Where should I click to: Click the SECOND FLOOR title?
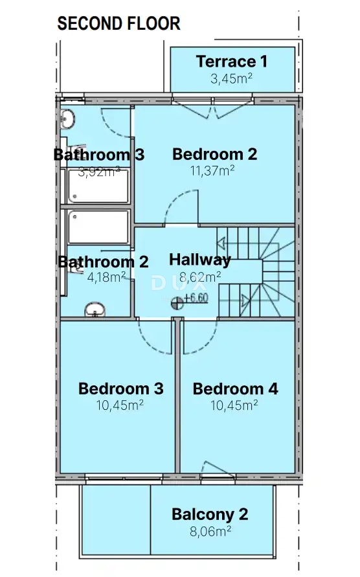click(x=118, y=24)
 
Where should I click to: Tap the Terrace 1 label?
click(x=231, y=62)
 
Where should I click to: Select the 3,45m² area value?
click(x=231, y=80)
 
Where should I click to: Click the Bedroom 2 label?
click(x=215, y=154)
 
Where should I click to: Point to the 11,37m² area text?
click(x=212, y=172)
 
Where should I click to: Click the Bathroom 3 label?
click(x=98, y=155)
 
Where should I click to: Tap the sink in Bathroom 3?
click(x=68, y=119)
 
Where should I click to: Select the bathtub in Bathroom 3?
click(x=98, y=186)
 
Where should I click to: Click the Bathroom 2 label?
click(x=103, y=262)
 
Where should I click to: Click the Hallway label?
click(x=199, y=260)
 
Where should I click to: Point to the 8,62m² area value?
click(x=199, y=277)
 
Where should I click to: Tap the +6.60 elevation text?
click(x=196, y=299)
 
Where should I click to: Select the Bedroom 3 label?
click(x=120, y=389)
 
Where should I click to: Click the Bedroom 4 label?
click(x=235, y=389)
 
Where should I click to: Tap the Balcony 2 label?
click(x=210, y=515)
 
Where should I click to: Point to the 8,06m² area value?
click(x=210, y=532)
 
